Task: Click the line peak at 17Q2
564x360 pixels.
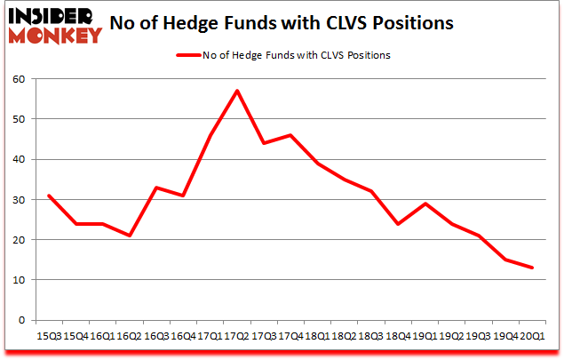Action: tap(236, 91)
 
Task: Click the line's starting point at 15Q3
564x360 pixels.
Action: tap(48, 196)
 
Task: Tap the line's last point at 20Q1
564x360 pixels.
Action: tap(533, 268)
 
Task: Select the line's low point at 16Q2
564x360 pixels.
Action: tap(129, 236)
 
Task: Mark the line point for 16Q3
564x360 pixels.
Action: tap(155, 188)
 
